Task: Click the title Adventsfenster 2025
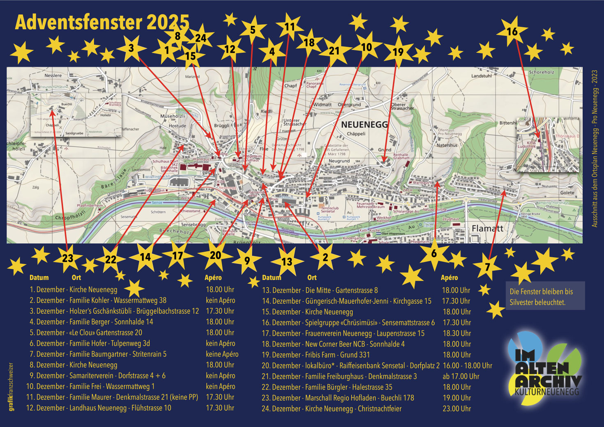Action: tap(102, 23)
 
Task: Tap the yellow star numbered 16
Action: tap(512, 32)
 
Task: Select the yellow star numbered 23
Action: tap(68, 258)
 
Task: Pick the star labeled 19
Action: tap(398, 52)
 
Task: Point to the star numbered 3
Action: tap(131, 48)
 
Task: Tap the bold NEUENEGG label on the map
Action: tap(364, 125)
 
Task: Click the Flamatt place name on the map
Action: tap(487, 229)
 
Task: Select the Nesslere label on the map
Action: tap(53, 76)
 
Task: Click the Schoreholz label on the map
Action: tap(541, 72)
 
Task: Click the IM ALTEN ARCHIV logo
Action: tap(544, 372)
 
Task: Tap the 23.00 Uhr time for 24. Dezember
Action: tap(456, 409)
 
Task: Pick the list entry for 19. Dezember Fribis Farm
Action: tap(316, 355)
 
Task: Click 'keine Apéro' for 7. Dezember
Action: tap(222, 354)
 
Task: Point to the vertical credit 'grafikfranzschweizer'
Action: tap(11, 386)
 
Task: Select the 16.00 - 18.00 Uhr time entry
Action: tap(467, 366)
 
